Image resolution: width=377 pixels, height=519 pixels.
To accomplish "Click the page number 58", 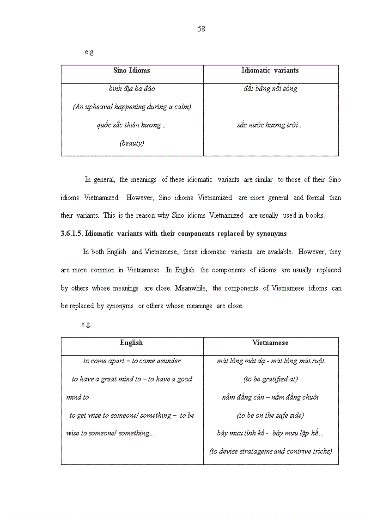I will tap(201, 29).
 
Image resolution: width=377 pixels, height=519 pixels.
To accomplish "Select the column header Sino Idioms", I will tap(132, 71).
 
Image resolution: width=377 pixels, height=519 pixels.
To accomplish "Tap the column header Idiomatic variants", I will tap(270, 71).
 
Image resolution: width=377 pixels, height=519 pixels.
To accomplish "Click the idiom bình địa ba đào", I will tap(132, 89).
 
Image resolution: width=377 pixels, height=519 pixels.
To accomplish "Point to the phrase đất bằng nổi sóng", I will tap(270, 89).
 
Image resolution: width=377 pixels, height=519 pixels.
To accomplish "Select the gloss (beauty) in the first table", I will tap(132, 143).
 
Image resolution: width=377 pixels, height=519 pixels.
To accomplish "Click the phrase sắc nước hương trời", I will tap(270, 125).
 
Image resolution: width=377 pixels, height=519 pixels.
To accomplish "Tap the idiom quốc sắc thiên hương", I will tap(131, 125).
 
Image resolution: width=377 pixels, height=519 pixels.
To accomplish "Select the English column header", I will tap(131, 343).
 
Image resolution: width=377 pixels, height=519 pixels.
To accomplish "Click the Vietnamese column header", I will tap(270, 343).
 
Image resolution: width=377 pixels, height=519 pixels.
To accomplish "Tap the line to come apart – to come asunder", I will tap(132, 361).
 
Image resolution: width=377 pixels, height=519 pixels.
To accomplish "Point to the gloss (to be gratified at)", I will tap(270, 379).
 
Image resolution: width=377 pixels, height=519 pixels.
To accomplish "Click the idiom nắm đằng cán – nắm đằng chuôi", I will tap(270, 397).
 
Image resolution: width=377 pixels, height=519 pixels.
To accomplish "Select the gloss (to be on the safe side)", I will tap(270, 415).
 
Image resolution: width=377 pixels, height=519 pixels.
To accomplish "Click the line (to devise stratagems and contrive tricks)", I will tap(270, 452).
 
